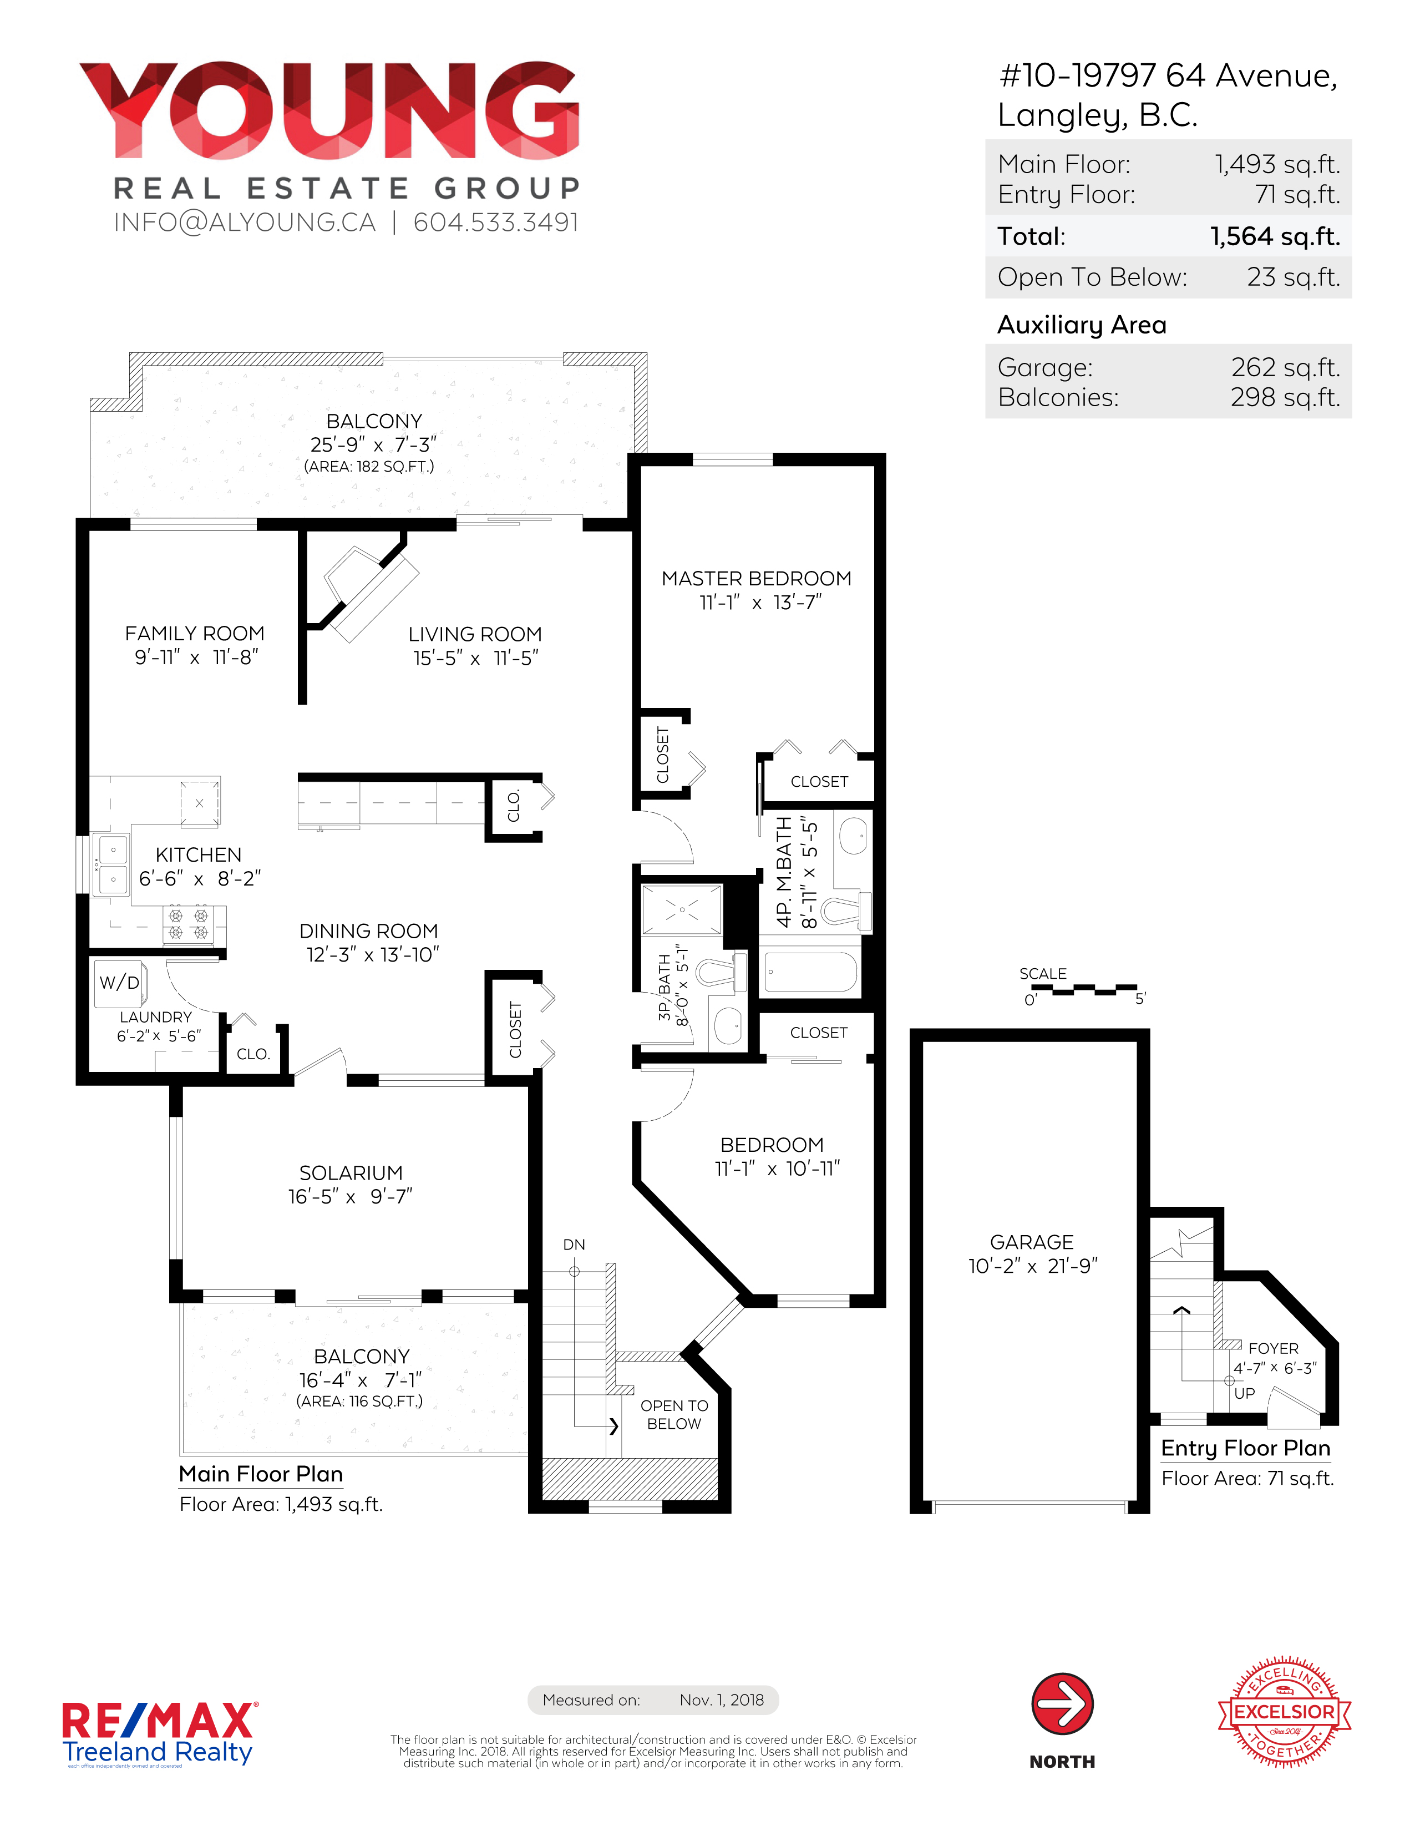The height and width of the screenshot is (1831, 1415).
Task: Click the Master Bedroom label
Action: tap(756, 579)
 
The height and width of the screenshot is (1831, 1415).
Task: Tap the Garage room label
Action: tap(1032, 1242)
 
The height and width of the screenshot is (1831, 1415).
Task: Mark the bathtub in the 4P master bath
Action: tap(810, 972)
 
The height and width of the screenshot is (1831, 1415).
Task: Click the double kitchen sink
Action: tap(110, 863)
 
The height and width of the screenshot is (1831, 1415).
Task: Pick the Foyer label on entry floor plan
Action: tap(1274, 1348)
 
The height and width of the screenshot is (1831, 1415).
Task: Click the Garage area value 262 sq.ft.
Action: tap(1285, 367)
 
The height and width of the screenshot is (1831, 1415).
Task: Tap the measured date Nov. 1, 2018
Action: tap(722, 1700)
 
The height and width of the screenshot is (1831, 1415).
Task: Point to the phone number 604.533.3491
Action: tap(495, 222)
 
